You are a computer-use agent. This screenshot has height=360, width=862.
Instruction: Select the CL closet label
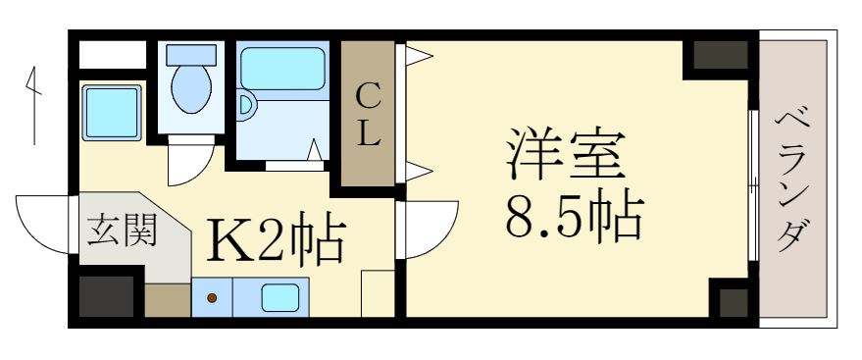coord(368,116)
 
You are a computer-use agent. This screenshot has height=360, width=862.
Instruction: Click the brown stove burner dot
coord(211,297)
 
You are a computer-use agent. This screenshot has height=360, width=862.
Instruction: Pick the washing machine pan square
coord(112,112)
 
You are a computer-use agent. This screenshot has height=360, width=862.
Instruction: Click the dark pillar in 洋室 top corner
coord(719,55)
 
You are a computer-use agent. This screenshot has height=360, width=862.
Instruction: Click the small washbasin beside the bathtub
coord(247,103)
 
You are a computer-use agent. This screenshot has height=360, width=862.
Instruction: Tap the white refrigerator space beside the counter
coord(378,293)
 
